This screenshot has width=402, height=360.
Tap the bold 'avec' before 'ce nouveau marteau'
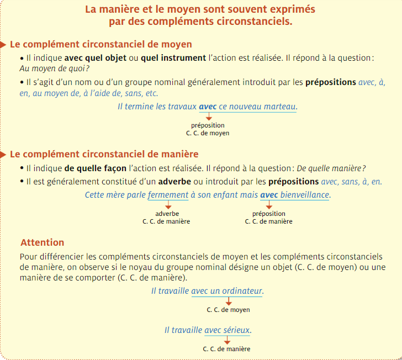(x=208, y=106)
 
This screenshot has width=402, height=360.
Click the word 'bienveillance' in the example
(x=305, y=195)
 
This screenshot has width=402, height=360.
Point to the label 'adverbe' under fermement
(x=167, y=214)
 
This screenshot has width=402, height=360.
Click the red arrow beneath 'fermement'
(x=167, y=205)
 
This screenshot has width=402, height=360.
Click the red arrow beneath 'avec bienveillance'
(x=269, y=205)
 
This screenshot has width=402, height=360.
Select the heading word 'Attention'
(x=43, y=242)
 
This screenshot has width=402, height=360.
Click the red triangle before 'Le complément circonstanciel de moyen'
(x=4, y=44)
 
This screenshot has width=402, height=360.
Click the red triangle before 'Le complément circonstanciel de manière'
(x=4, y=154)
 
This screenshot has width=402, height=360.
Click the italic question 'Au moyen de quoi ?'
(x=54, y=68)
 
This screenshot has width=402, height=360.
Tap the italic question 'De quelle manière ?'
(x=331, y=168)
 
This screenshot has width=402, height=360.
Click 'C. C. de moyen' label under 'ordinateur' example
(x=228, y=310)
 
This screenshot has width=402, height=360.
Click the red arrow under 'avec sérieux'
(x=227, y=340)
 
